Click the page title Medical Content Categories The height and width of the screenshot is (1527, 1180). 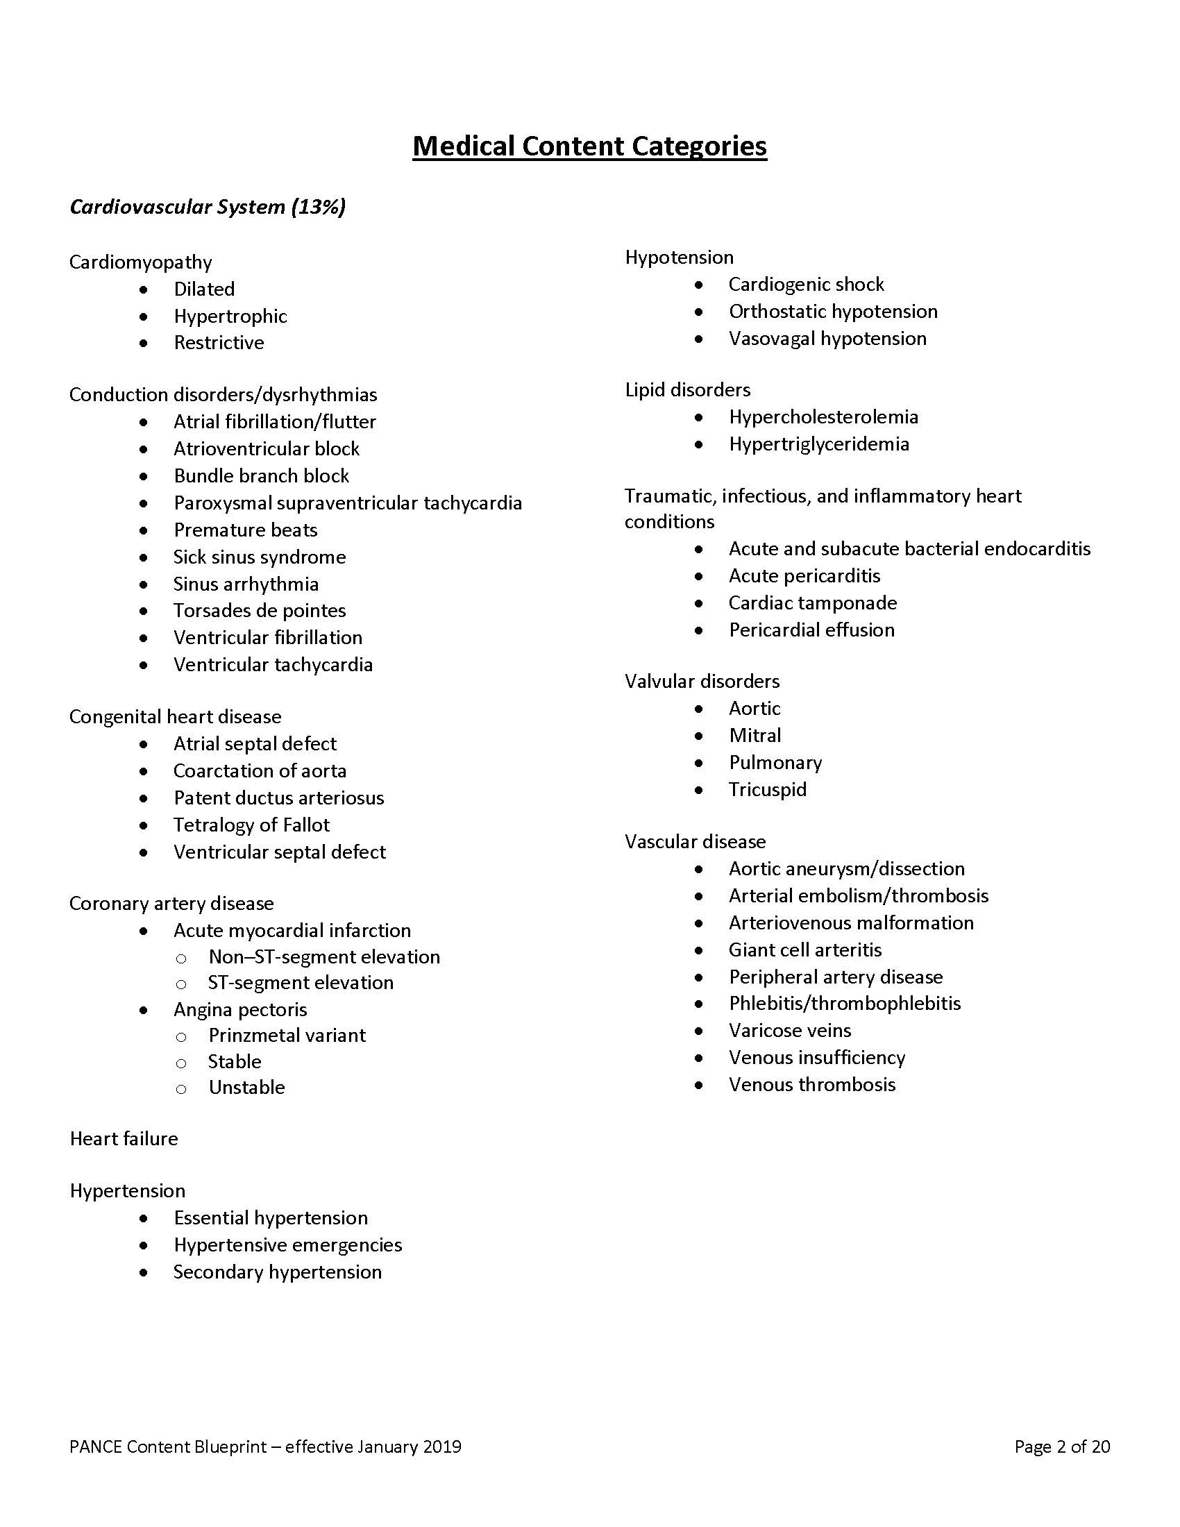[x=589, y=146]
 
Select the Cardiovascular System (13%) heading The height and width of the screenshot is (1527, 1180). [x=208, y=207]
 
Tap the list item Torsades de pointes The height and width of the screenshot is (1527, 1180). [x=260, y=610]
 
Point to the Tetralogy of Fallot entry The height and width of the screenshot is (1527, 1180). [x=251, y=825]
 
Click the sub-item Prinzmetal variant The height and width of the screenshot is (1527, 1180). [x=287, y=1035]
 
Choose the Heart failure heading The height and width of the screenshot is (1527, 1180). [x=124, y=1139]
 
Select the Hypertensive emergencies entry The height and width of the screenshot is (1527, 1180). [x=287, y=1245]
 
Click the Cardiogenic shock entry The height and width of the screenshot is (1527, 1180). [x=806, y=284]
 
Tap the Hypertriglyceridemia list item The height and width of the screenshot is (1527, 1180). [x=818, y=444]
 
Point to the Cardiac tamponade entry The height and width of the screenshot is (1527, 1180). [x=812, y=602]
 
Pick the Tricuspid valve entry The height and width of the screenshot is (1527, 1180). [x=768, y=789]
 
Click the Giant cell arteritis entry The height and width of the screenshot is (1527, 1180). [x=804, y=950]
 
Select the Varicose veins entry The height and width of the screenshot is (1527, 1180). [x=790, y=1030]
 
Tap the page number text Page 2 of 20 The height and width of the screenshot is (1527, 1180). [x=1062, y=1446]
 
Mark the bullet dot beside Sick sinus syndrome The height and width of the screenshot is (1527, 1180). [x=143, y=557]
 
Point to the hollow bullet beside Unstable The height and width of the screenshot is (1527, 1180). [x=181, y=1088]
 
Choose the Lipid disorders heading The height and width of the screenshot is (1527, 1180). [x=687, y=389]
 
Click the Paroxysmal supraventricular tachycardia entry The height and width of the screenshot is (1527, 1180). [x=348, y=503]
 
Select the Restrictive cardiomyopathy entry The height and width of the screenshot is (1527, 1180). [x=219, y=343]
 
